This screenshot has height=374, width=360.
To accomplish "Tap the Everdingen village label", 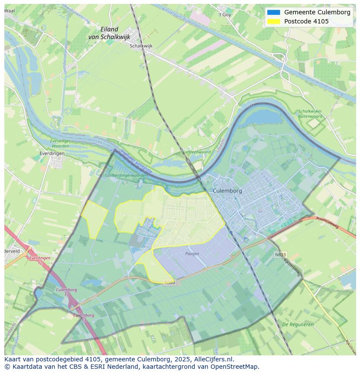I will pos(52,153).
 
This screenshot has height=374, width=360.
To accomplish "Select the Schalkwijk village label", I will pos(141,45).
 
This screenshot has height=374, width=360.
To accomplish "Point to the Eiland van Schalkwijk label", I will pos(109,33).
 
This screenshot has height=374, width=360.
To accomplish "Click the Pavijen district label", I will pos(192,253).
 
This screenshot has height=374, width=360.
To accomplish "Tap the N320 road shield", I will pos(170,282).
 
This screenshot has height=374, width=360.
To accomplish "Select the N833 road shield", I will pos(280,255).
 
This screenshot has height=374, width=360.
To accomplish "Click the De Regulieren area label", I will pos(298,324).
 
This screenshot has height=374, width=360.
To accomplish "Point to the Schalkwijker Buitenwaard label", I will pos(310,114).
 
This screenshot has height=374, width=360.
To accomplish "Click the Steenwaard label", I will pos(199,152).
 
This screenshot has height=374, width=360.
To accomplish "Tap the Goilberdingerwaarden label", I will pos(127,175).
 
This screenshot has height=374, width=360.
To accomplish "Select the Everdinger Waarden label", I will pos(60,144).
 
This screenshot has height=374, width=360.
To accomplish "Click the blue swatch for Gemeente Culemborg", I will pos(273,13).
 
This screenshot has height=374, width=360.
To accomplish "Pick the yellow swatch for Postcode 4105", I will pos(273,21).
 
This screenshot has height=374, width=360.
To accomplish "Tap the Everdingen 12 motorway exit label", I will pos(40,260).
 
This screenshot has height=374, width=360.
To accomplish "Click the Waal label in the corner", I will pos(9,10).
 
